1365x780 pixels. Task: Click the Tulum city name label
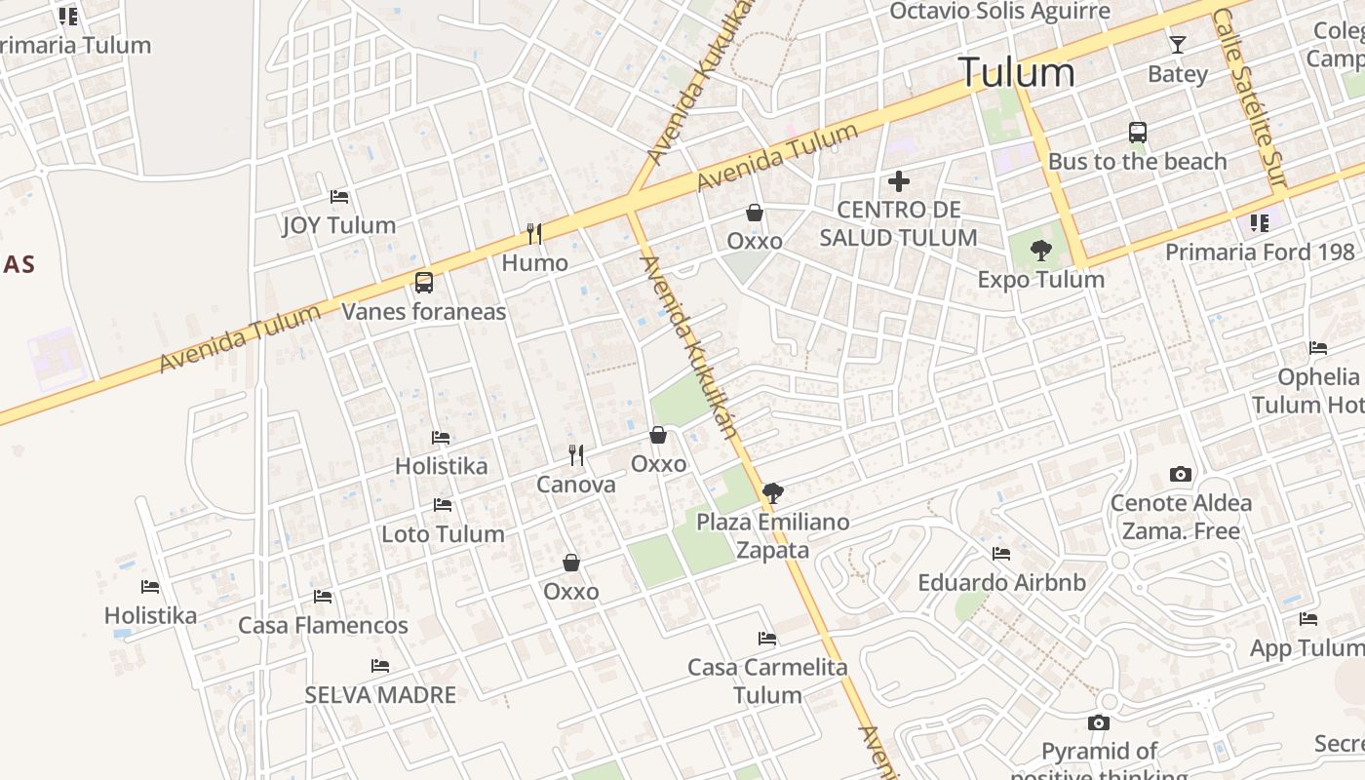tap(1016, 73)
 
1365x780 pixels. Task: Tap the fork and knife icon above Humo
tap(534, 233)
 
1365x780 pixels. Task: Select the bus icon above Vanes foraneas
tap(423, 283)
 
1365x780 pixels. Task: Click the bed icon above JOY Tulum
tap(339, 197)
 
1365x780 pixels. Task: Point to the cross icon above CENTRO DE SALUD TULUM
tap(898, 181)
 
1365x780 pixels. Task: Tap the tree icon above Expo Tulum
tap(1041, 251)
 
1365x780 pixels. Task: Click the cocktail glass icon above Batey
tap(1178, 45)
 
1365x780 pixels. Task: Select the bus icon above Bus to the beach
tap(1137, 133)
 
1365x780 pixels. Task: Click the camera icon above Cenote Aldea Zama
tap(1181, 475)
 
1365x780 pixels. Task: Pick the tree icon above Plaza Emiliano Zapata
tap(773, 493)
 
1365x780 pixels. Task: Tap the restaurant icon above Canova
tap(576, 455)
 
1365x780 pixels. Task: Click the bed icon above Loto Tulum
tap(443, 505)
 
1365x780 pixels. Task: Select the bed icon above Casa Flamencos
tap(323, 597)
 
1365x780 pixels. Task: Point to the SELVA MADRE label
tap(380, 695)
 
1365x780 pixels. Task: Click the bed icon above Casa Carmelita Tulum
tap(767, 640)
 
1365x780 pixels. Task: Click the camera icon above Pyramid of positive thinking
tap(1099, 723)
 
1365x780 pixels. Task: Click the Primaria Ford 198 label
tap(1260, 253)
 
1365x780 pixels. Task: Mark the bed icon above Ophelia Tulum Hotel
tap(1318, 348)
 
